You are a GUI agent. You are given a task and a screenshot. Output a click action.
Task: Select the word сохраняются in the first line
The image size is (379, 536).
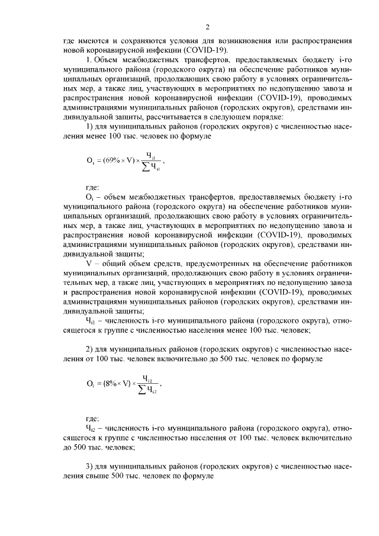pos(130,42)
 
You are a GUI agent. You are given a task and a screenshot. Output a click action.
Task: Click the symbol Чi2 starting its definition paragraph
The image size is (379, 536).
pos(91,426)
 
